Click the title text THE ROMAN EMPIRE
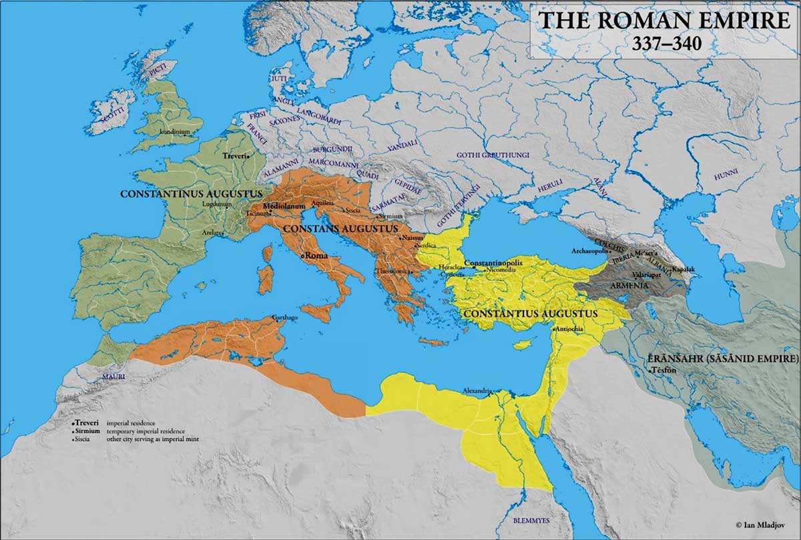[x=664, y=20]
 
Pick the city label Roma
[x=316, y=256]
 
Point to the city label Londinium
[x=175, y=132]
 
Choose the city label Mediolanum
[x=284, y=207]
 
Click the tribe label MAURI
[x=95, y=377]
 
